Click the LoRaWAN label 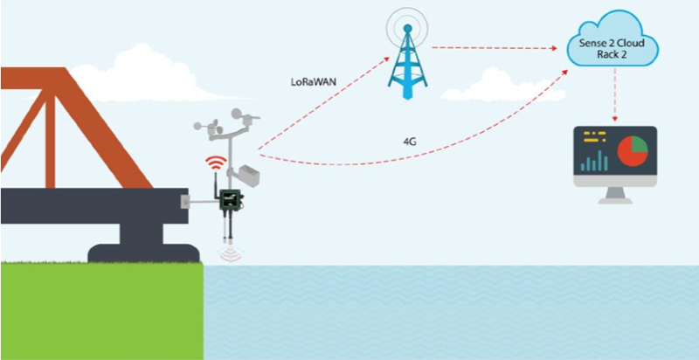coord(315,84)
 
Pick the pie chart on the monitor coord(631,152)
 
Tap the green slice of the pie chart coord(639,144)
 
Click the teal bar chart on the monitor coord(595,160)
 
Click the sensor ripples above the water coord(231,255)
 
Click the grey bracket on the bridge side coord(184,202)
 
